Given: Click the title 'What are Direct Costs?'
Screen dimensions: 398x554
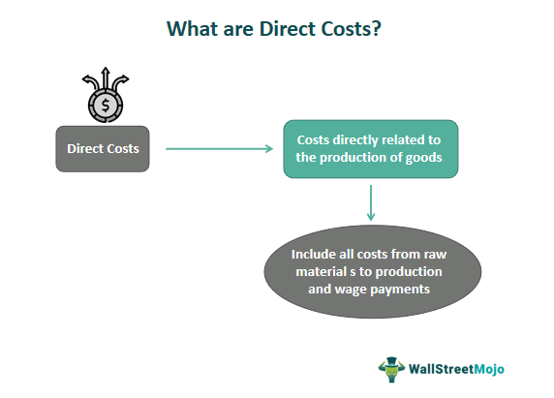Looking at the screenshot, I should [x=274, y=29].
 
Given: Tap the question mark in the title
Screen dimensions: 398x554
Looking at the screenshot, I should [x=376, y=29].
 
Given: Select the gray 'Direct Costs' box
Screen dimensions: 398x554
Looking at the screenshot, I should [x=103, y=149].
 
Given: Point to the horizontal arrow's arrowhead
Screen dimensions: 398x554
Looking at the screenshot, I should [x=269, y=148].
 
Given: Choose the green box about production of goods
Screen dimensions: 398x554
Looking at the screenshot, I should [x=370, y=148].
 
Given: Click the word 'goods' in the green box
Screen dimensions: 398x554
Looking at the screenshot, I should [x=419, y=158].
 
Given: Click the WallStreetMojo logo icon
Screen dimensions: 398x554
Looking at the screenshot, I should [x=390, y=368].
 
